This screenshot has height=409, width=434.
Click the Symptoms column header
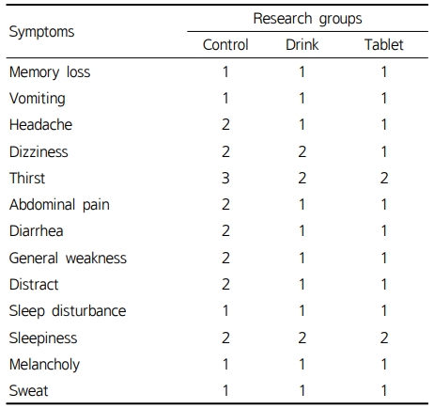coord(41,32)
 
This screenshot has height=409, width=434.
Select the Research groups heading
coord(307,19)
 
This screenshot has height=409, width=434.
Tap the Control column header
coord(225,44)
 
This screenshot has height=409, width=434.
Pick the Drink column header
coord(302,44)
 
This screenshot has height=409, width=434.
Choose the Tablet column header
coord(384,44)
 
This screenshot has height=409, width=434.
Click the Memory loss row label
coord(50,72)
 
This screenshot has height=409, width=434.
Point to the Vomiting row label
coord(38,99)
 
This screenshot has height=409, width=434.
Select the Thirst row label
coord(27,178)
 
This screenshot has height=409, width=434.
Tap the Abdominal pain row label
coord(59,205)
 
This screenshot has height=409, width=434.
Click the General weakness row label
coord(68,258)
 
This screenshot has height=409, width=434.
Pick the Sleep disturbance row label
coord(68,311)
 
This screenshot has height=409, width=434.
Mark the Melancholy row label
coord(44,365)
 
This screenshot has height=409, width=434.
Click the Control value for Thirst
coord(225,178)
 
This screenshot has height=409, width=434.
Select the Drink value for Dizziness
coord(302,151)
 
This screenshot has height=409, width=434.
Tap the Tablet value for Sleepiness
coord(384,338)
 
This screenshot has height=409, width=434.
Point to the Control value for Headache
coord(225,124)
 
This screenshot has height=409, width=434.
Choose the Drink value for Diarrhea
coord(302,231)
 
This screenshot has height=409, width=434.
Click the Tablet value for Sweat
coord(384,390)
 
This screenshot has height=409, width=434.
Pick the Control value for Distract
coord(225,285)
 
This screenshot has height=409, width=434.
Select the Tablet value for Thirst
coord(384,178)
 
